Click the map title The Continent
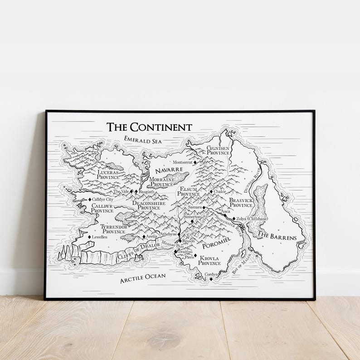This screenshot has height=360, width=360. [149, 127]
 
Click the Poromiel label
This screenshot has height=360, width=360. [216, 245]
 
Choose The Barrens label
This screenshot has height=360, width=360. [277, 236]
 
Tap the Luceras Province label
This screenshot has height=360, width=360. [108, 175]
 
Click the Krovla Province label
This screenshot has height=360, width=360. [209, 260]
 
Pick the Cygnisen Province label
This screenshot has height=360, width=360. [218, 151]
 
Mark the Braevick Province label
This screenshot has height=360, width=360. [241, 202]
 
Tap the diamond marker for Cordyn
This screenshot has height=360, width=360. [211, 279]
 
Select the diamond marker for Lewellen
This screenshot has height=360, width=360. [89, 237]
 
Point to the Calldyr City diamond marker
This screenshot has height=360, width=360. [90, 199]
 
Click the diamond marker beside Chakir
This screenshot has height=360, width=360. [211, 192]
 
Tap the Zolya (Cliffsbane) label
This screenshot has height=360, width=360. [252, 219]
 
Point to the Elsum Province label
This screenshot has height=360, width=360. [188, 191]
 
